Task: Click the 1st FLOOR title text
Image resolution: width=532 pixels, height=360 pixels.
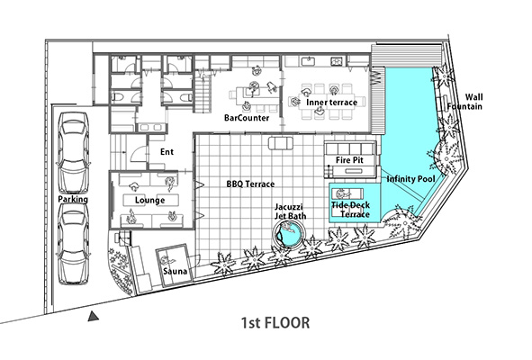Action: [x=275, y=323]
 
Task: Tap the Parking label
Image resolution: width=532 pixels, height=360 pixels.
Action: [x=73, y=199]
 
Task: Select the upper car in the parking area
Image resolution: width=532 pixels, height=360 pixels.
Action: [x=73, y=153]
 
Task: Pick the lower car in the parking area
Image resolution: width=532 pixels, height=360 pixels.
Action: [x=74, y=244]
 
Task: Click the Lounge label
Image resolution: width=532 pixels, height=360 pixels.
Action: [x=150, y=200]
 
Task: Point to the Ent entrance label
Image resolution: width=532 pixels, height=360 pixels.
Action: [x=167, y=152]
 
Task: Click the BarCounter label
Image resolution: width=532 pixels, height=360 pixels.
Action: [x=247, y=118]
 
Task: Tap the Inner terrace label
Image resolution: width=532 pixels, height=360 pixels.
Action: [x=331, y=102]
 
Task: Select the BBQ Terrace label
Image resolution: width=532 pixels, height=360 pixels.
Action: [x=250, y=184]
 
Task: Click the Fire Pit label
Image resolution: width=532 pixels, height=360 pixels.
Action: [x=349, y=160]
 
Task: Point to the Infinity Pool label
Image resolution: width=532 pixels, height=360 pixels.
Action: [x=410, y=178]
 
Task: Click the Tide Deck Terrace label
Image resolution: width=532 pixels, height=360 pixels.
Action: [x=351, y=210]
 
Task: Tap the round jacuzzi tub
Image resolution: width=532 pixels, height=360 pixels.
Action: [x=290, y=234]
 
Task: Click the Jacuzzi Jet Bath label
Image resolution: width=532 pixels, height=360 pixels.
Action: [x=291, y=211]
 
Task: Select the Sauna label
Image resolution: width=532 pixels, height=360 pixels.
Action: [x=175, y=271]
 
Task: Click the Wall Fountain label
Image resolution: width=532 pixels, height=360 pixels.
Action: [x=464, y=102]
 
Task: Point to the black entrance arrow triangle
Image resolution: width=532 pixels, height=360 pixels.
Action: [x=93, y=316]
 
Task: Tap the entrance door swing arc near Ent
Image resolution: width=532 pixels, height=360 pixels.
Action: [x=138, y=153]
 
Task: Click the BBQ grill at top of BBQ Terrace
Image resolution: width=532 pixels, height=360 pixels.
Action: [x=281, y=143]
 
